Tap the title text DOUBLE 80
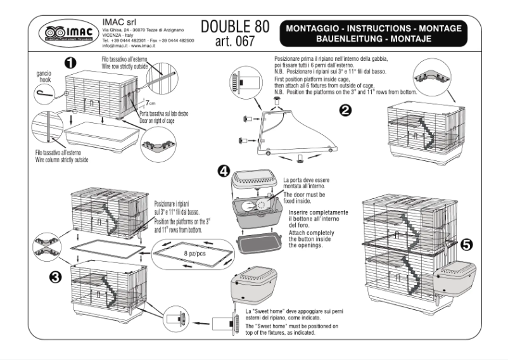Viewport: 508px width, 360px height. tap(235, 26)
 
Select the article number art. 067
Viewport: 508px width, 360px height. tap(234, 42)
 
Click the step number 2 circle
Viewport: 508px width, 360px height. tap(346, 109)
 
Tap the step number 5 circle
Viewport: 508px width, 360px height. tap(467, 247)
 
